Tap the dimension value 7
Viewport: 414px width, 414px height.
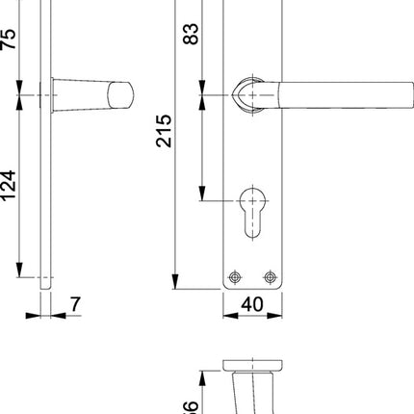(x=75, y=306)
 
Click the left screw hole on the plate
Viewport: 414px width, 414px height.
(x=233, y=276)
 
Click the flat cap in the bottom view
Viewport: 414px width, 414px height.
(x=254, y=365)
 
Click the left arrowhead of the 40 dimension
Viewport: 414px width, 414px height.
(x=228, y=315)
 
